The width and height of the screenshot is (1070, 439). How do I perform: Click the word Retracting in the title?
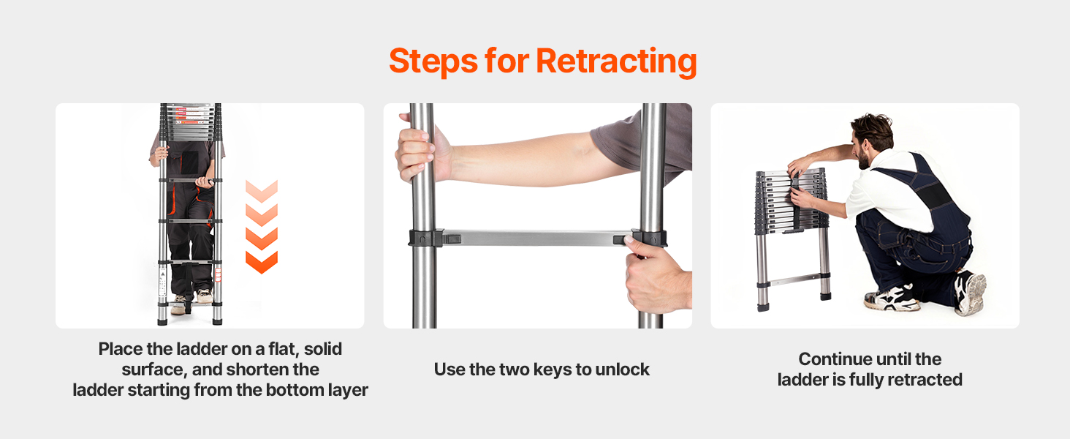[616, 61]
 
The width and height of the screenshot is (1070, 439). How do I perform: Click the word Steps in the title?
[433, 61]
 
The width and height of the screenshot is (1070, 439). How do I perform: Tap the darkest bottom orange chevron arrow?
[262, 262]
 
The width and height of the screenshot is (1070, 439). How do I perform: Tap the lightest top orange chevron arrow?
[262, 191]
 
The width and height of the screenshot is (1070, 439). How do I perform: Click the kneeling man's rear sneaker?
[970, 293]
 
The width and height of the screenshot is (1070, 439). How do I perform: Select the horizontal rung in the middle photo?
[537, 238]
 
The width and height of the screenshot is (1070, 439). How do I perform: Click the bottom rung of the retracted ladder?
[794, 279]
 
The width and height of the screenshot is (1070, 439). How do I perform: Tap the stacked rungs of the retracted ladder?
[791, 201]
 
